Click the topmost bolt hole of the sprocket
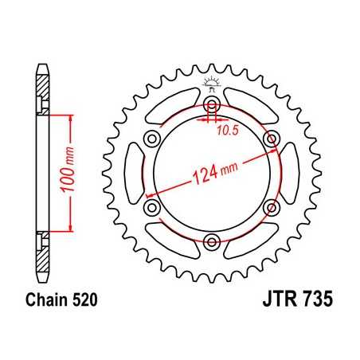click(x=212, y=105)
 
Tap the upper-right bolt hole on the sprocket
click(x=274, y=140)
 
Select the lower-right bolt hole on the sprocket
click(x=274, y=207)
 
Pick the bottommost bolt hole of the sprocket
click(x=212, y=242)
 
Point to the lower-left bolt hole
click(x=150, y=207)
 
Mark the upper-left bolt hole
click(x=150, y=140)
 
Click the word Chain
click(x=44, y=302)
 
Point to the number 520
click(x=82, y=302)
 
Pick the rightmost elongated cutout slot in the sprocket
click(x=292, y=174)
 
